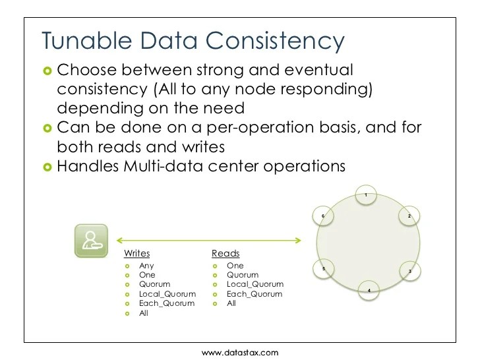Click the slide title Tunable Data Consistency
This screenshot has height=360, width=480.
193,40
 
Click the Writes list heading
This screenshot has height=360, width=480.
136,253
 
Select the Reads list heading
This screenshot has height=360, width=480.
225,253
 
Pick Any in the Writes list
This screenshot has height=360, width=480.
146,266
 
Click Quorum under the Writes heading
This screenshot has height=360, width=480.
155,284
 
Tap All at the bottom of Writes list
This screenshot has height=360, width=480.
144,313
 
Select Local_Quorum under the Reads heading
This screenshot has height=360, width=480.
255,284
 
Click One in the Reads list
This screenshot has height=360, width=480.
235,266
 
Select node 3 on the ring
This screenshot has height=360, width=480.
409,271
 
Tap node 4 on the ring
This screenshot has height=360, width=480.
369,290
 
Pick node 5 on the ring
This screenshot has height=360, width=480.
323,269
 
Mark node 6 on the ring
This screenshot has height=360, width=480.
323,216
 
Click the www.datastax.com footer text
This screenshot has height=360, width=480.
240,353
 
